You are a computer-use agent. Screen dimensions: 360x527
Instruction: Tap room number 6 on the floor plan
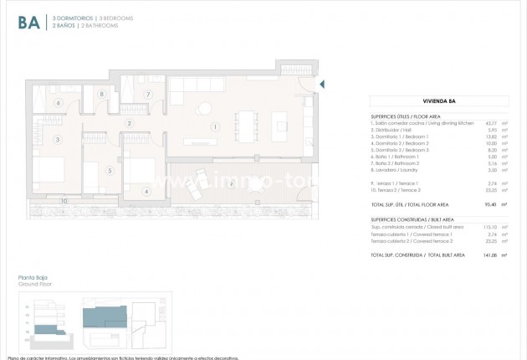coord(59,103)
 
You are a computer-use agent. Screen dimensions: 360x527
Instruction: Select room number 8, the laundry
coord(102,95)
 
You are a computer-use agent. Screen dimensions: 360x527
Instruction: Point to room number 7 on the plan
coord(147,94)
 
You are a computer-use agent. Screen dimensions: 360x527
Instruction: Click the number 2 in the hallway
coord(129,124)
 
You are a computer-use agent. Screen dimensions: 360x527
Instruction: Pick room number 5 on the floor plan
coord(109,170)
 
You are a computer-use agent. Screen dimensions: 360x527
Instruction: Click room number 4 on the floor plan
coord(146,191)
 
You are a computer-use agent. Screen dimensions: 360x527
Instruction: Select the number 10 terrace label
coord(64,202)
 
